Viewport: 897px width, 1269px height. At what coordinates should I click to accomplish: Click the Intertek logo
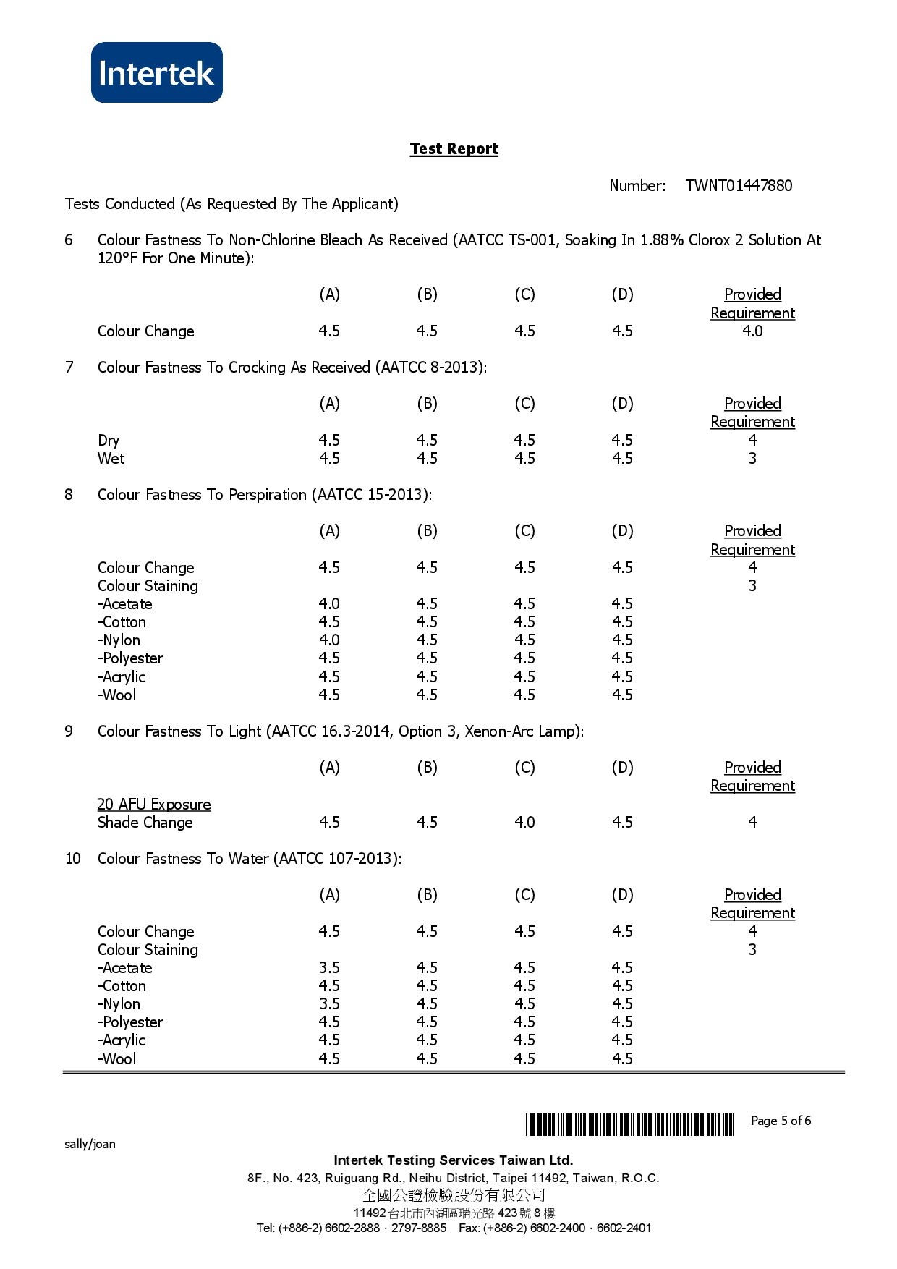156,72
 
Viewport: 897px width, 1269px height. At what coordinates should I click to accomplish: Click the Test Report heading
454,149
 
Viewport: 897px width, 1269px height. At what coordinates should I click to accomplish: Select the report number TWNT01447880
739,186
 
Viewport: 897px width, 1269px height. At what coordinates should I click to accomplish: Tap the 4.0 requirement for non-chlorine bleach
752,331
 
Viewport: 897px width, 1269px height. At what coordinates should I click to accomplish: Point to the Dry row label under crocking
109,441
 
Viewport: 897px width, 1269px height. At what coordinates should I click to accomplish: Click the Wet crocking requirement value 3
752,459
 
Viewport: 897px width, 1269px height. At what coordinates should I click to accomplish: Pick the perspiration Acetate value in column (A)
329,604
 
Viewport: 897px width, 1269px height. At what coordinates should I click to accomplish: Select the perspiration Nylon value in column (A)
329,640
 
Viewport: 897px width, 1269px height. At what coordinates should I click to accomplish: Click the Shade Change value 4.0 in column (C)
524,823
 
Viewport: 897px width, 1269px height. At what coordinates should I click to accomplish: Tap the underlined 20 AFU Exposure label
154,805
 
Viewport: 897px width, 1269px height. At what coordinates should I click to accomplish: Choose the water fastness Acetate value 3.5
329,968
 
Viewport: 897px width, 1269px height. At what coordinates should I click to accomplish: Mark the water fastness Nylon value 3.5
329,1004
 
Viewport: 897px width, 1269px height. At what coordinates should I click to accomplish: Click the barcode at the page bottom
629,1124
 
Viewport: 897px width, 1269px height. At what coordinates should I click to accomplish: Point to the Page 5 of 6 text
781,1121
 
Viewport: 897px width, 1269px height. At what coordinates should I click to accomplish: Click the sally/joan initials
90,1145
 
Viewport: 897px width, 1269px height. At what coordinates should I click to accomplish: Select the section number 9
69,731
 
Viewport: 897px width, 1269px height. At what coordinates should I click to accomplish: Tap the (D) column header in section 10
622,895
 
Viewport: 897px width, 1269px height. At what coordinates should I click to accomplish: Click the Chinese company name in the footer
454,1195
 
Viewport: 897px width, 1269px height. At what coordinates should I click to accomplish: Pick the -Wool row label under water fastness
117,1059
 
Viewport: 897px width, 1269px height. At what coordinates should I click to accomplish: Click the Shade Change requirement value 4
752,823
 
